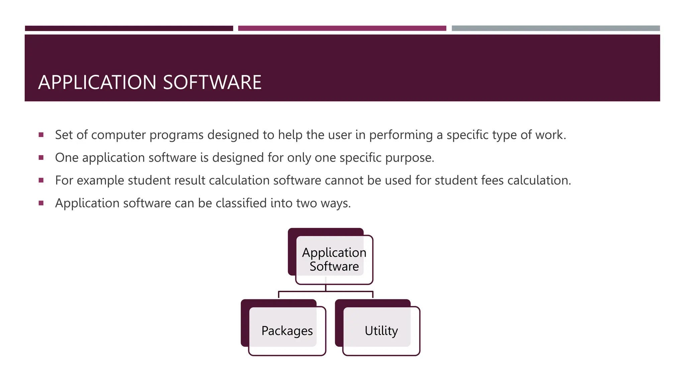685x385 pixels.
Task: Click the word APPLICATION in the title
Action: click(97, 82)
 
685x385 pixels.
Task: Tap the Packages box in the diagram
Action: click(287, 331)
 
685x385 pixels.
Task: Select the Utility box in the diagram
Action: click(381, 331)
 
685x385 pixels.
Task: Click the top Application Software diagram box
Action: click(334, 259)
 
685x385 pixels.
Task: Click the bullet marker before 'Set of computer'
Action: click(41, 135)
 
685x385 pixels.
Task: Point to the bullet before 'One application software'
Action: click(41, 158)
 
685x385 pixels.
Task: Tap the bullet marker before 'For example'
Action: click(41, 180)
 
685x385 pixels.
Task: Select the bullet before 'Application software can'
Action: click(41, 203)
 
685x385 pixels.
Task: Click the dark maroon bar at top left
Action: click(129, 28)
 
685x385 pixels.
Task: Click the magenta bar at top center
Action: click(342, 28)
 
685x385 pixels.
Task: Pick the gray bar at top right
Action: click(556, 28)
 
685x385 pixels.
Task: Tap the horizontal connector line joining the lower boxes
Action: click(301, 291)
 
